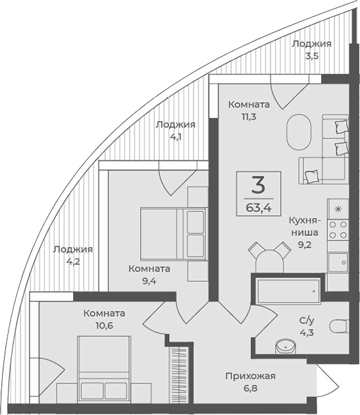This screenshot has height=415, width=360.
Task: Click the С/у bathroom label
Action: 307,326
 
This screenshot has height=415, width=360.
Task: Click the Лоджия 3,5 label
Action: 311,49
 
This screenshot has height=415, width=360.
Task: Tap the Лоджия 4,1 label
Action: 175,130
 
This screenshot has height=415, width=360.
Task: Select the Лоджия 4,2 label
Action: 73,256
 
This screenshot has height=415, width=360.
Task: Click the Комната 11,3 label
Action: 248,111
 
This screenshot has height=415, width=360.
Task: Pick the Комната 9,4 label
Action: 149,275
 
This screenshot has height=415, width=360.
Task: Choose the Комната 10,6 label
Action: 105,319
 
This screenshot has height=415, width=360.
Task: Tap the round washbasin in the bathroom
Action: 286,346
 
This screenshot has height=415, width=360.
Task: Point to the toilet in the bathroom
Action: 340,325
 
